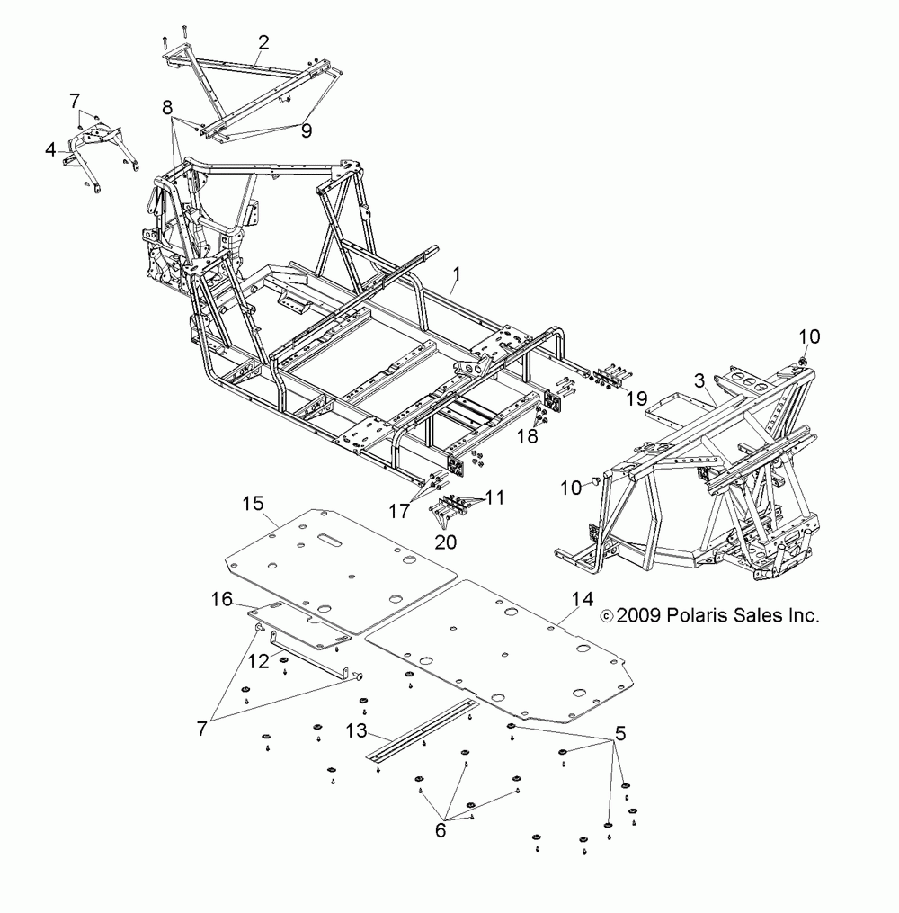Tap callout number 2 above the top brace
[x=263, y=41]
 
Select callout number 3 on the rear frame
[x=699, y=380]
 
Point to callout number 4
[x=51, y=147]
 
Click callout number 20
[x=446, y=542]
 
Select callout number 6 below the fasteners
[x=441, y=830]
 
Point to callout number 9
[x=307, y=131]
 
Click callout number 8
[x=167, y=107]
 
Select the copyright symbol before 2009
[x=606, y=617]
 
